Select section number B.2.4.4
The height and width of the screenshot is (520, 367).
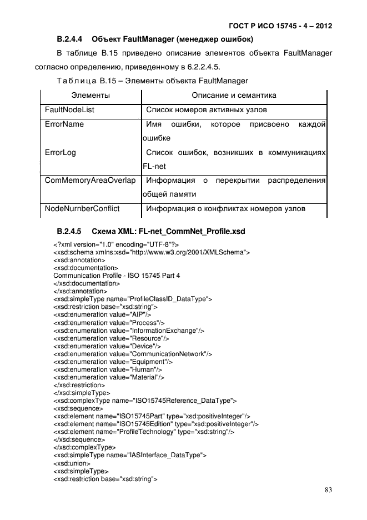click(x=69, y=39)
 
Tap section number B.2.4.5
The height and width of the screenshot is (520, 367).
click(x=69, y=231)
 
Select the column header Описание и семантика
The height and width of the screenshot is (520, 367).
click(x=234, y=96)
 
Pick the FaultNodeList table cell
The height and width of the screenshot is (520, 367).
click(x=69, y=110)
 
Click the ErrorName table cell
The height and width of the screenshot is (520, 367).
click(x=64, y=124)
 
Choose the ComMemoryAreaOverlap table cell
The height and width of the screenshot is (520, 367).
click(x=90, y=181)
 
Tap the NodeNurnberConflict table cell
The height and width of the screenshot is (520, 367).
click(x=82, y=209)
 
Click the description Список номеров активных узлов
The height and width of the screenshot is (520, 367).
click(x=206, y=110)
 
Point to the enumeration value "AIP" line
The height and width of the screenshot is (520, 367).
click(x=102, y=314)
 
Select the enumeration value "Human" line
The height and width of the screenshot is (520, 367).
click(x=108, y=369)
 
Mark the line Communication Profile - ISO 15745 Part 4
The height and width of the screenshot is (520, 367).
click(x=117, y=276)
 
